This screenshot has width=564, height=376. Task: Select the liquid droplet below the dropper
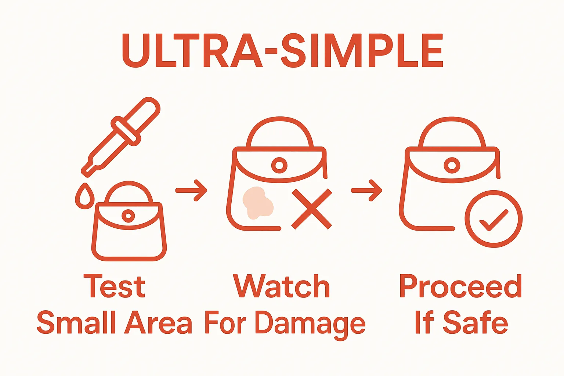click(85, 196)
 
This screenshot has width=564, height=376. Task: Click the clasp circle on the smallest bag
click(128, 216)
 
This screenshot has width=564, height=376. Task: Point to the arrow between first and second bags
click(191, 191)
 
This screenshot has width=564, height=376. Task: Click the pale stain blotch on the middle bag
click(257, 203)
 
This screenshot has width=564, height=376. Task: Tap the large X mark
click(312, 209)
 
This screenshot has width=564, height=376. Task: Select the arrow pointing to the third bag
click(366, 191)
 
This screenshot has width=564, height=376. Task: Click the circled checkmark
click(493, 219)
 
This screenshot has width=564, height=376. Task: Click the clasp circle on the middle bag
click(279, 166)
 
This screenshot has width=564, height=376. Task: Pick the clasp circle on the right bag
click(452, 166)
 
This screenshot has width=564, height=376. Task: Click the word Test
click(114, 287)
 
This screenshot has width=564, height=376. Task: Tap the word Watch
click(281, 286)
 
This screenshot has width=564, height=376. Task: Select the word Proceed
click(460, 286)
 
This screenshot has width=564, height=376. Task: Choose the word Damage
click(310, 325)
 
